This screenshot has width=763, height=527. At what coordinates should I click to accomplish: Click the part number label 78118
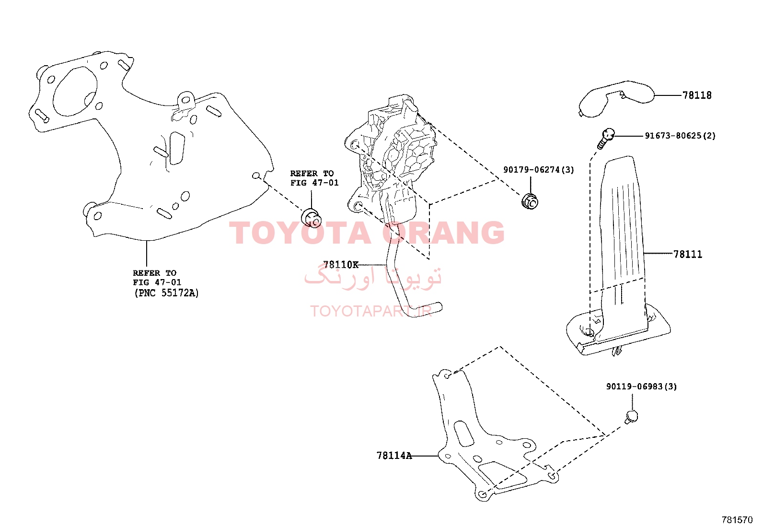coord(697,95)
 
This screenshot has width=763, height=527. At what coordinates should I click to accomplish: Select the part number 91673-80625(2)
coord(680,136)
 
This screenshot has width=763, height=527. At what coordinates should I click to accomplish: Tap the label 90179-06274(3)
coord(539,169)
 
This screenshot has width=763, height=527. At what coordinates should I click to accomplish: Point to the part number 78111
coord(688,254)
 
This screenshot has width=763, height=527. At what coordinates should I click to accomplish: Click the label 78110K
coord(341,265)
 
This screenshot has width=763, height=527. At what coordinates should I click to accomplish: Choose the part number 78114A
coord(394,456)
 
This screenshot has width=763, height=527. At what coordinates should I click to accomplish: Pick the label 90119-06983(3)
coord(641,386)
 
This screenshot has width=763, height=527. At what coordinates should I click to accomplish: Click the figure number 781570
coord(737,519)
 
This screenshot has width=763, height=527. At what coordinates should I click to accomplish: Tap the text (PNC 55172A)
coord(166,293)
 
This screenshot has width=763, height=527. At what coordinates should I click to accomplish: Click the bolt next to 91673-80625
coord(606,138)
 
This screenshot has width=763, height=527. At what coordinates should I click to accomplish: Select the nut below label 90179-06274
coord(530,201)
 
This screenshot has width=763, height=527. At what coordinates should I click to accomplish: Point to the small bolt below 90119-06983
coord(631,417)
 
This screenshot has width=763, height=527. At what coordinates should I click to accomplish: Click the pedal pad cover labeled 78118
coord(616,99)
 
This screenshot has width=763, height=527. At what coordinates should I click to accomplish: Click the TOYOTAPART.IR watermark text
coord(371,311)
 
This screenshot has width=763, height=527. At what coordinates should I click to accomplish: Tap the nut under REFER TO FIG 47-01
coord(312,219)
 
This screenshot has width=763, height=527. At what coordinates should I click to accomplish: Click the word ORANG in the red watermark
coord(443,233)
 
